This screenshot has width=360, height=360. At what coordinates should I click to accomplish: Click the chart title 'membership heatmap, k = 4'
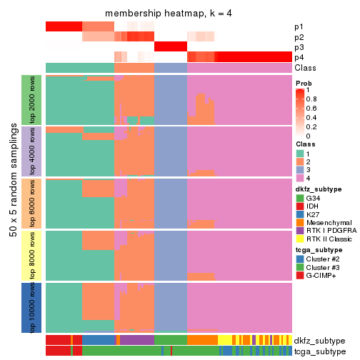pyautogui.click(x=169, y=14)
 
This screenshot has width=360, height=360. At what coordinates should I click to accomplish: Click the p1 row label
pyautogui.click(x=299, y=26)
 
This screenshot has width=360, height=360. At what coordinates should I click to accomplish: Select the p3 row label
pyautogui.click(x=299, y=47)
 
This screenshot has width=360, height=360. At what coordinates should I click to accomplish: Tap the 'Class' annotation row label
pyautogui.click(x=304, y=67)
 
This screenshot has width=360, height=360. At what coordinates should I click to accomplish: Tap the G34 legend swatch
pyautogui.click(x=300, y=198)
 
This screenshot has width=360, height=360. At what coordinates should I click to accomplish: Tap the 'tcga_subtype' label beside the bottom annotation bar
pyautogui.click(x=320, y=351)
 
